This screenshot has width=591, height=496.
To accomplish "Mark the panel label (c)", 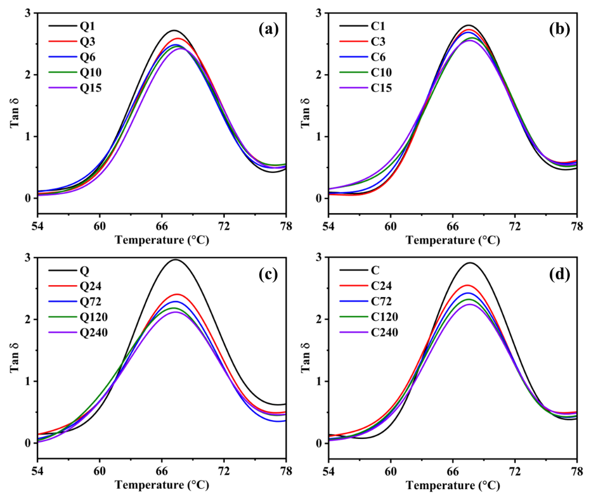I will point(268,275).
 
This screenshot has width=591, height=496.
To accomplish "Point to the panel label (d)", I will point(559,275).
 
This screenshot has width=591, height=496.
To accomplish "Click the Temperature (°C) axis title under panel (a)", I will point(162,240).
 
